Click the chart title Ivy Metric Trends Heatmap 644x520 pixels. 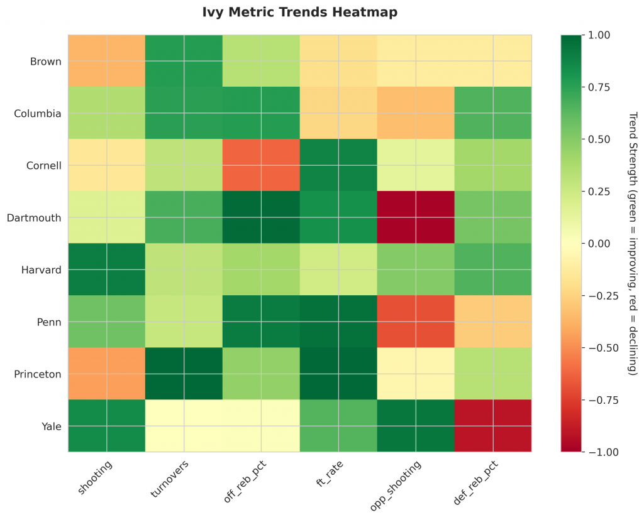tap(300, 12)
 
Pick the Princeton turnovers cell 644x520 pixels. tap(184, 374)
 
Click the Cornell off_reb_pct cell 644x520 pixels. tap(261, 165)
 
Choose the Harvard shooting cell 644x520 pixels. tap(106, 269)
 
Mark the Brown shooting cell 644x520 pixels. tap(106, 61)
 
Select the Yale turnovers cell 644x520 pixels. tap(184, 425)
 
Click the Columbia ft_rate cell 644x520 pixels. tap(338, 113)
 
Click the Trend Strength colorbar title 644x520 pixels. tap(633, 243)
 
